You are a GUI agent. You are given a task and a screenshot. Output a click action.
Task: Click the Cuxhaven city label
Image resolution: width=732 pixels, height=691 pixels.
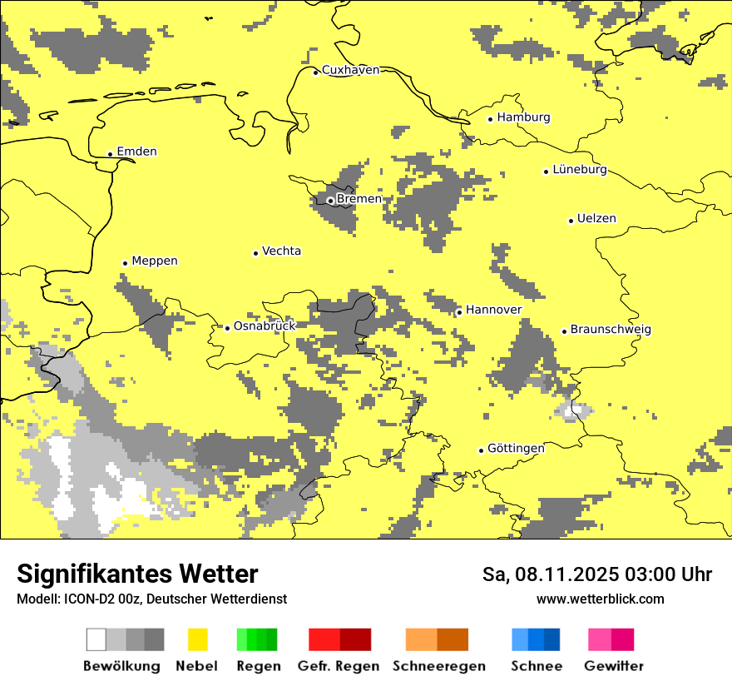click(x=350, y=70)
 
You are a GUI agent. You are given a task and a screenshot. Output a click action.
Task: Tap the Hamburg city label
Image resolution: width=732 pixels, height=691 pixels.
click(x=523, y=117)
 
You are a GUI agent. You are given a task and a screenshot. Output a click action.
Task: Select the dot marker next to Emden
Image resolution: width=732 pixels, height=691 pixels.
click(x=110, y=153)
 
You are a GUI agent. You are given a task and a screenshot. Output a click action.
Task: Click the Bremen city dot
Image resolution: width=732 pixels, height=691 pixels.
click(x=330, y=201)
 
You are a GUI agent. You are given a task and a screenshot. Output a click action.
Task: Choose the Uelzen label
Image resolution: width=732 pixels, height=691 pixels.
click(x=596, y=219)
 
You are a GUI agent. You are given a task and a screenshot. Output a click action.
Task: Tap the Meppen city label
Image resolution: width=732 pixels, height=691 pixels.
click(x=155, y=261)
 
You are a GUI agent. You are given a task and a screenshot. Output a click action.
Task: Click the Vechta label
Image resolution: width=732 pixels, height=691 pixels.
click(x=281, y=251)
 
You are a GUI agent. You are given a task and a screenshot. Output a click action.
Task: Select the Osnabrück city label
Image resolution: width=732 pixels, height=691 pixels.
click(x=265, y=326)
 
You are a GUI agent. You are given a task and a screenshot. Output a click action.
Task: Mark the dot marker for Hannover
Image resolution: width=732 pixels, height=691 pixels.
click(x=459, y=312)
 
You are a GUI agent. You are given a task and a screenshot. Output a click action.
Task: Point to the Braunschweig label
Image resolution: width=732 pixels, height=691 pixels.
click(x=611, y=330)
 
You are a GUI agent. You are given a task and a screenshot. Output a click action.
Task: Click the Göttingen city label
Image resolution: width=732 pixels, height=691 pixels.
click(x=516, y=448)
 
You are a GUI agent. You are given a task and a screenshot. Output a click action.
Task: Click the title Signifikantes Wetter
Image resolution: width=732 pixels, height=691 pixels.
click(x=137, y=574)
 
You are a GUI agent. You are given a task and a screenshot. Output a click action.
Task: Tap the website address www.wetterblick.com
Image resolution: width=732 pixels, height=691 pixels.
click(x=601, y=599)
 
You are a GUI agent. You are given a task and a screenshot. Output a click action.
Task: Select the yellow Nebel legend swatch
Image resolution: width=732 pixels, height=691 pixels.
click(x=197, y=639)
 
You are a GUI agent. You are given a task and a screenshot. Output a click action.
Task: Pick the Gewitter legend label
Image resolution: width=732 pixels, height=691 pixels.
click(x=614, y=666)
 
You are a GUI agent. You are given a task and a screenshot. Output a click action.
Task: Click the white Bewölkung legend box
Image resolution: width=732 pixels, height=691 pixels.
click(x=96, y=639)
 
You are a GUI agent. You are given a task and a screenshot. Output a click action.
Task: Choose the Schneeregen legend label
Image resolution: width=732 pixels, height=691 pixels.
click(x=439, y=666)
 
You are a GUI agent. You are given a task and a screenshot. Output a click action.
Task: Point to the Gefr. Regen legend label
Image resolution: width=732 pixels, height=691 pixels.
click(x=339, y=666)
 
